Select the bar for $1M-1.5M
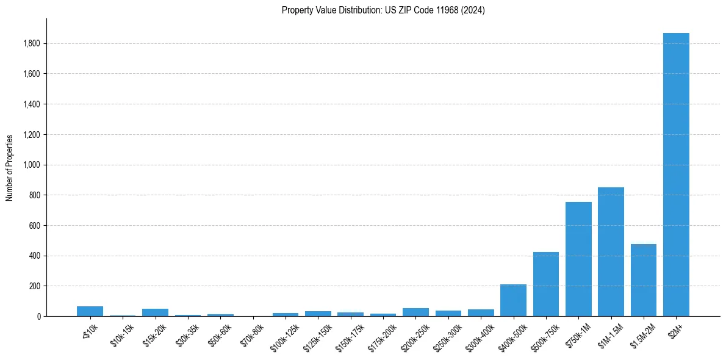[611, 251]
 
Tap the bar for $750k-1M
[578, 259]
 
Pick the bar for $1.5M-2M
[644, 280]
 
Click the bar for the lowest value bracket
[90, 311]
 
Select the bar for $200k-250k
[415, 312]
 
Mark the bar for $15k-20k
[155, 312]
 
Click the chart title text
[383, 10]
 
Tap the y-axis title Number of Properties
[10, 168]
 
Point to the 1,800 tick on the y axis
[32, 44]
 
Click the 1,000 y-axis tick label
[32, 165]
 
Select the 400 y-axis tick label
[35, 256]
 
